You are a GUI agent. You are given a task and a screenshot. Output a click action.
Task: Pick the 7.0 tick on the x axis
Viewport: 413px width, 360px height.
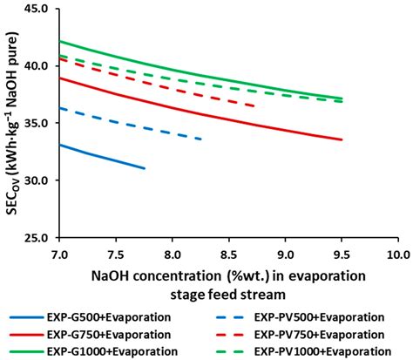point(59,254)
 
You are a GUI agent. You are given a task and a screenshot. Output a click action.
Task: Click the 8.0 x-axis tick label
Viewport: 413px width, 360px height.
point(172,254)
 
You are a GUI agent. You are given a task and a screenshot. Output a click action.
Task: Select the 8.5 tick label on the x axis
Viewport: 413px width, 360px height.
point(228,254)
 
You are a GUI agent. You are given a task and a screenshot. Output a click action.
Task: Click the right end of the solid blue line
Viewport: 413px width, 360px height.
point(145,168)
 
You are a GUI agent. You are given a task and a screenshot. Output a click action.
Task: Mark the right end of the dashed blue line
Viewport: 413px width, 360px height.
point(201,139)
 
